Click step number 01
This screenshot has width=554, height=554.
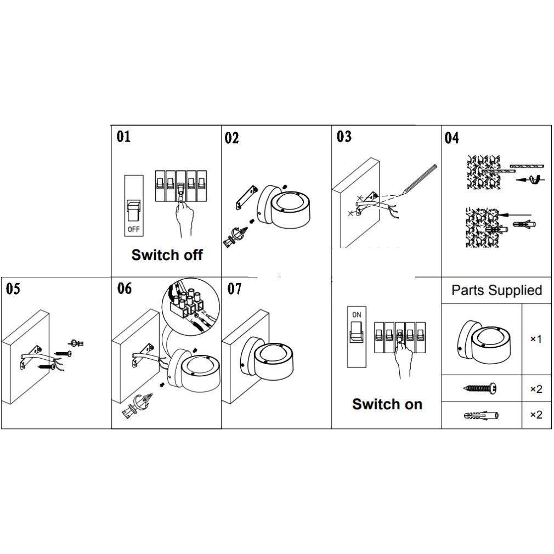[123, 136]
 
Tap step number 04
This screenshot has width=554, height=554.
[451, 138]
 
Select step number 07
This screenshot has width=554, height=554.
[234, 289]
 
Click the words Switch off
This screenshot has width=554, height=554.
[167, 255]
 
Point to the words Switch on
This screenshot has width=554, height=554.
[387, 404]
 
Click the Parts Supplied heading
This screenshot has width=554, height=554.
[496, 290]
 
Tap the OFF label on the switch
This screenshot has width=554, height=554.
[133, 228]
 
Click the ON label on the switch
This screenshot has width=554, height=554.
[357, 315]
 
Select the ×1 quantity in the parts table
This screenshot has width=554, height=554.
[535, 339]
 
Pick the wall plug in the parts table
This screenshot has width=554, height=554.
[480, 415]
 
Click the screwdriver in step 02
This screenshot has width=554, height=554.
[234, 236]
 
